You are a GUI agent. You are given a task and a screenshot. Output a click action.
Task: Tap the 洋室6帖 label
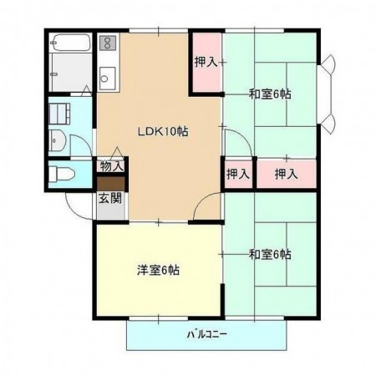tap(159, 270)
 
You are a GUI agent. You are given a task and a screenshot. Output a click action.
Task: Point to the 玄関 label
tap(109, 199)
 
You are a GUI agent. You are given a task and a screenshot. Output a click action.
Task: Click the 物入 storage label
tap(112, 166)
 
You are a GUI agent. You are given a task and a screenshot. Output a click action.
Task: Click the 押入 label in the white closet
tap(237, 174)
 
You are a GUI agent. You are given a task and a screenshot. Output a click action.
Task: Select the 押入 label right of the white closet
tap(286, 174)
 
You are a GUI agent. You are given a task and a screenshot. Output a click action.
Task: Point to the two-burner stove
tap(106, 43)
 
